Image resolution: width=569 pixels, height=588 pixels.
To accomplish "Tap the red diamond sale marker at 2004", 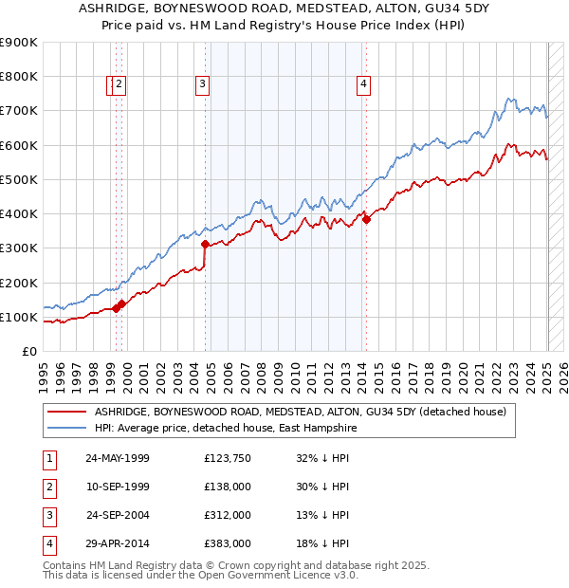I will [x=205, y=244].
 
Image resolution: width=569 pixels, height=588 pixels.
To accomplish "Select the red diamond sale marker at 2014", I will [x=366, y=220].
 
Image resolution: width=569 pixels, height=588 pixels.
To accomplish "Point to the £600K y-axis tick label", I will [x=19, y=145].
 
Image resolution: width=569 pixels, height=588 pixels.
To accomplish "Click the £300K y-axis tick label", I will [x=19, y=248].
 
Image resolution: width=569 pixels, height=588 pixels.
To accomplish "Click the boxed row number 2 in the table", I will [x=48, y=487].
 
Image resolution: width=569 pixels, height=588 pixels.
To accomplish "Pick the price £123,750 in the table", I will [x=228, y=458].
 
